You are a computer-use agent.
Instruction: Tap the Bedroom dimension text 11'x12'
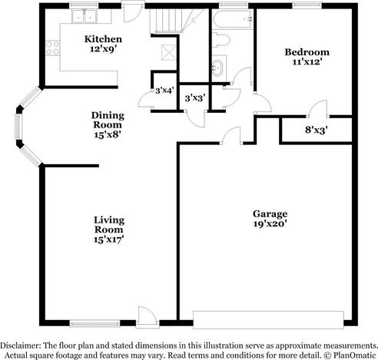(x=307, y=63)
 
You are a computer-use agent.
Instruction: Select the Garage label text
(x=270, y=213)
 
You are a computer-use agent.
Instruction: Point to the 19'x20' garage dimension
(x=270, y=225)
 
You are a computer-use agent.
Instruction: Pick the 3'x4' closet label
(x=163, y=91)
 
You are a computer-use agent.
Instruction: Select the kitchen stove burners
(x=52, y=48)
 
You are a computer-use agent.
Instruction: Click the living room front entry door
(x=144, y=315)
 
